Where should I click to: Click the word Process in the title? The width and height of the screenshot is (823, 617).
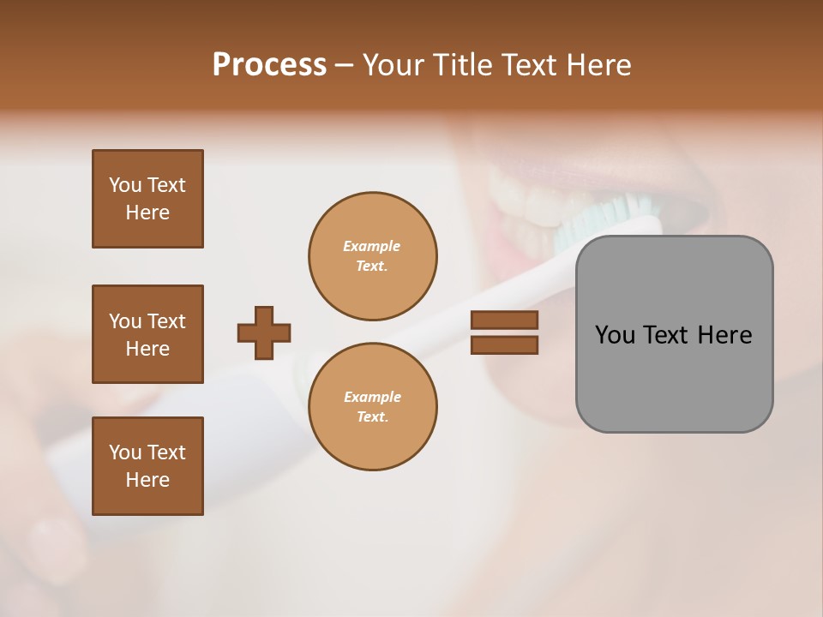pyautogui.click(x=269, y=65)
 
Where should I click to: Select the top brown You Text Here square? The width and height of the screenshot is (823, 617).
pyautogui.click(x=147, y=199)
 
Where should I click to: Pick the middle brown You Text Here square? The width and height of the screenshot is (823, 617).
pyautogui.click(x=147, y=334)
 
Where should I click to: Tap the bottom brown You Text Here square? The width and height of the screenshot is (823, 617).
pyautogui.click(x=147, y=466)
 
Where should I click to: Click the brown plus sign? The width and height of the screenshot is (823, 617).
pyautogui.click(x=264, y=332)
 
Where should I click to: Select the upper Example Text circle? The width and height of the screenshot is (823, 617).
pyautogui.click(x=373, y=256)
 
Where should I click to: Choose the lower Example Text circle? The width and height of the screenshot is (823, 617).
pyautogui.click(x=373, y=407)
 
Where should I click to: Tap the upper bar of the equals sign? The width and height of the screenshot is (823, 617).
pyautogui.click(x=505, y=320)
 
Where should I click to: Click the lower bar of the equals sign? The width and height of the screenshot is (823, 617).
pyautogui.click(x=505, y=345)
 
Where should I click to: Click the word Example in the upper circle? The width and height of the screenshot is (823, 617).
pyautogui.click(x=372, y=246)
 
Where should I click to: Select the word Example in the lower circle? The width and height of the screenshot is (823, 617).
pyautogui.click(x=372, y=397)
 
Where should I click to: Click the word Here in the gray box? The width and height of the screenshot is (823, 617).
pyautogui.click(x=725, y=335)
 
